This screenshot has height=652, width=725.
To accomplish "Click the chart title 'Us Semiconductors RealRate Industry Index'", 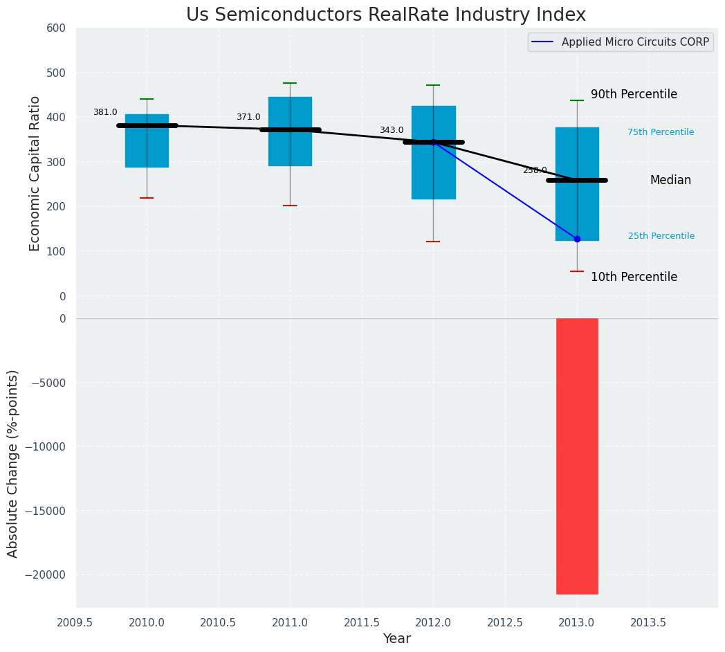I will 385,15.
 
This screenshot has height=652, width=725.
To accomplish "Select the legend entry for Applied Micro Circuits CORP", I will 634,42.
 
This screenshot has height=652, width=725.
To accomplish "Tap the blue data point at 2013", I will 577,239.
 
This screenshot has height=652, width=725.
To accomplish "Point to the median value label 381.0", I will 105,113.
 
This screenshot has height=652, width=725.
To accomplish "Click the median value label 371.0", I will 248,118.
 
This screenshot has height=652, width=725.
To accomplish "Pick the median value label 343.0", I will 392,131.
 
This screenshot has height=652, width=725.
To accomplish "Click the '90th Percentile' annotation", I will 634,95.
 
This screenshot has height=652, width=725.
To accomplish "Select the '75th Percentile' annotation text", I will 661,132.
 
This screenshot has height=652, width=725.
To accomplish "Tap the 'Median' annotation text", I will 670,181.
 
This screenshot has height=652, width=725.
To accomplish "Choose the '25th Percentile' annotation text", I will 661,236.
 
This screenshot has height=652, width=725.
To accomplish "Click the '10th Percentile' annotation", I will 634,277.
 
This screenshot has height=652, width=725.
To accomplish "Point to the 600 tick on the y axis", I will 56,28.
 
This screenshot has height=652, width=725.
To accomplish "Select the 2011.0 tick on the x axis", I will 290,622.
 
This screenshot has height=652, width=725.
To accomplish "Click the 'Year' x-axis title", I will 396,639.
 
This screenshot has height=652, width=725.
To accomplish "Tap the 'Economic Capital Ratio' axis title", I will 35,173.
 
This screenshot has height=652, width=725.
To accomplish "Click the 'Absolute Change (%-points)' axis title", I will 12,463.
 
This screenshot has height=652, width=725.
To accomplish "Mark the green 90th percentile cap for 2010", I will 147,99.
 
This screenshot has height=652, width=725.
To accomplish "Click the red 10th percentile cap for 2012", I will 433,242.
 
